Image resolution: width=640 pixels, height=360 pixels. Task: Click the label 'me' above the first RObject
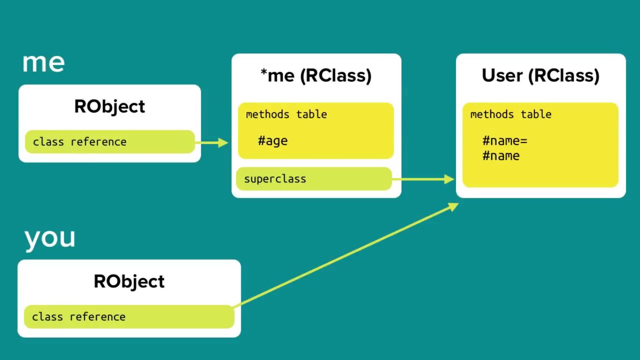point(43,63)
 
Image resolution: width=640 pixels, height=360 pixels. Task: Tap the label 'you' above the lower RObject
point(50,237)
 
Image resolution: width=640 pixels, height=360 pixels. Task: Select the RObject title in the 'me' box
point(110,106)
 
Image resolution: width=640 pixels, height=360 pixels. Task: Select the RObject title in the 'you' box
point(129,281)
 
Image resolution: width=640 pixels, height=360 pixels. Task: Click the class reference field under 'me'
point(109,142)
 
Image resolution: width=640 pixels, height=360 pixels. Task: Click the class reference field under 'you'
point(128,317)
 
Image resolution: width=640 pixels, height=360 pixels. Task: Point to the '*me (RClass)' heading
point(316,75)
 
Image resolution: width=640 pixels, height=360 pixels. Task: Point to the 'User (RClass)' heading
point(541,75)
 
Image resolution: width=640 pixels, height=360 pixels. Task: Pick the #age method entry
point(273,141)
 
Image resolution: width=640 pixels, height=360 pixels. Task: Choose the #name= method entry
point(505,141)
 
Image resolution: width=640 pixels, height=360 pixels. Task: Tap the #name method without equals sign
point(501,156)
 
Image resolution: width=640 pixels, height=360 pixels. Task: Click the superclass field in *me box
point(313,179)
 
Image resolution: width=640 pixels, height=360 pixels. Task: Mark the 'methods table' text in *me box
point(286,114)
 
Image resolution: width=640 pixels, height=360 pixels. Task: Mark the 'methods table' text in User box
point(511,114)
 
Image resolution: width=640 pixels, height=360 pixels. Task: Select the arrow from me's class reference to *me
point(211,142)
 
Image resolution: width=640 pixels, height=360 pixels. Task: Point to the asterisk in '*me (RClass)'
point(264,73)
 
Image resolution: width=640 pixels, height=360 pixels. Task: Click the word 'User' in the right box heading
point(502,75)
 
